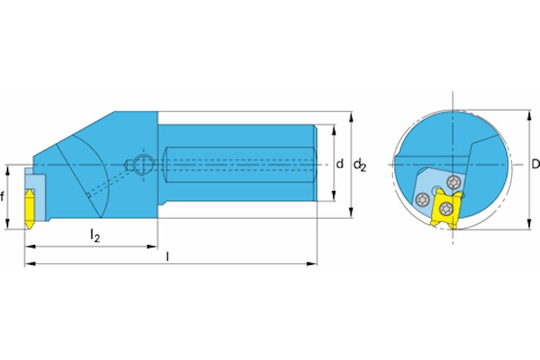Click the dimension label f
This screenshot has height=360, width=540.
(x=2, y=197)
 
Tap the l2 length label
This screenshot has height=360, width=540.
(x=95, y=236)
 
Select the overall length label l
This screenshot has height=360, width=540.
(x=167, y=257)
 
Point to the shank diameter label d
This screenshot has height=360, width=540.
(x=340, y=164)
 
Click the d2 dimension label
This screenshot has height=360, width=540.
(x=360, y=165)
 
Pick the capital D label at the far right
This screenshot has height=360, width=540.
(x=536, y=164)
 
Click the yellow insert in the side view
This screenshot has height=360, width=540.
(x=30, y=208)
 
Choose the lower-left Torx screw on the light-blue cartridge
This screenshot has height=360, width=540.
(x=422, y=199)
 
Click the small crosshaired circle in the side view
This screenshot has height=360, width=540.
(x=142, y=164)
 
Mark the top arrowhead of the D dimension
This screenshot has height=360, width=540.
(x=529, y=116)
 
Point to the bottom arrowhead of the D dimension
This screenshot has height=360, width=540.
(x=529, y=224)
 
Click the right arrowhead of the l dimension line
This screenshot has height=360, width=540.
(x=311, y=263)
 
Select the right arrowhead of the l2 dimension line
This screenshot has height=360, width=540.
(x=152, y=246)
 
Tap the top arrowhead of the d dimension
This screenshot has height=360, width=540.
(x=334, y=130)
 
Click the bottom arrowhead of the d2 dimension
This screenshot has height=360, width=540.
(x=351, y=212)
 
